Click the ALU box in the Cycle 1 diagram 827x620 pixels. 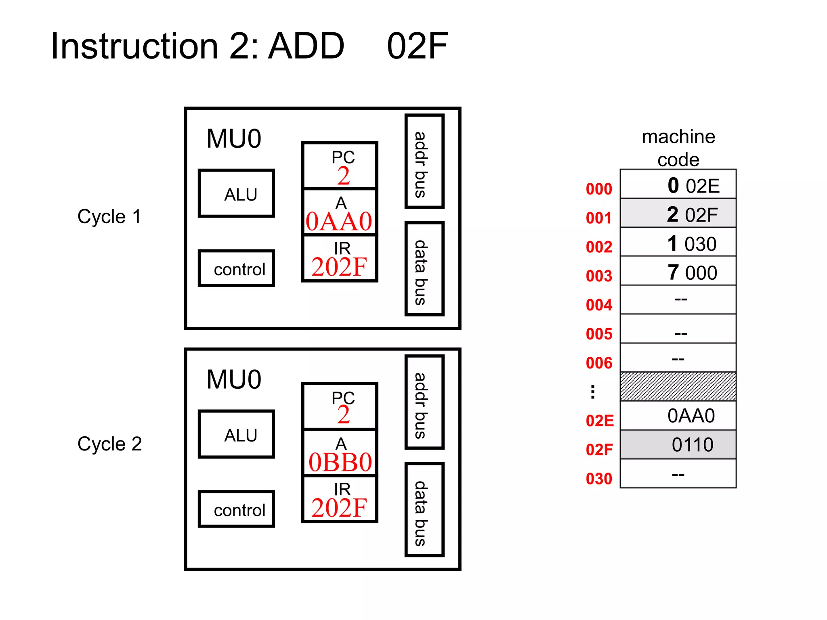[236, 194]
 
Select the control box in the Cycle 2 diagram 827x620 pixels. [236, 509]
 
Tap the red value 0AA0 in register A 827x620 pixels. [339, 222]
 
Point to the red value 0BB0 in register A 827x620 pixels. [340, 462]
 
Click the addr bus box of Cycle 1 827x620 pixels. [424, 161]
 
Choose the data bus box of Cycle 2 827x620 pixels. [424, 510]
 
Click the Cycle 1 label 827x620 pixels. [109, 216]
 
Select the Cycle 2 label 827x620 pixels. [109, 444]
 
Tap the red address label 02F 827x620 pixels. [599, 450]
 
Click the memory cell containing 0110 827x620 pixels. [678, 444]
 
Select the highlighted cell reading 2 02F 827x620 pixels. [678, 214]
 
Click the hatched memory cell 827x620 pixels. [678, 387]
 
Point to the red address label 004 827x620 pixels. [599, 305]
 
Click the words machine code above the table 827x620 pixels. [678, 148]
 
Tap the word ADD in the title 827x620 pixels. [306, 46]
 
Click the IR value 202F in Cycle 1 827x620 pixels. [339, 267]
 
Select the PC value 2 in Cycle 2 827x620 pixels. [344, 415]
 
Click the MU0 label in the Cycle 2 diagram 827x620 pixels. [234, 379]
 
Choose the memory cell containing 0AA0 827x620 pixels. [678, 416]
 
